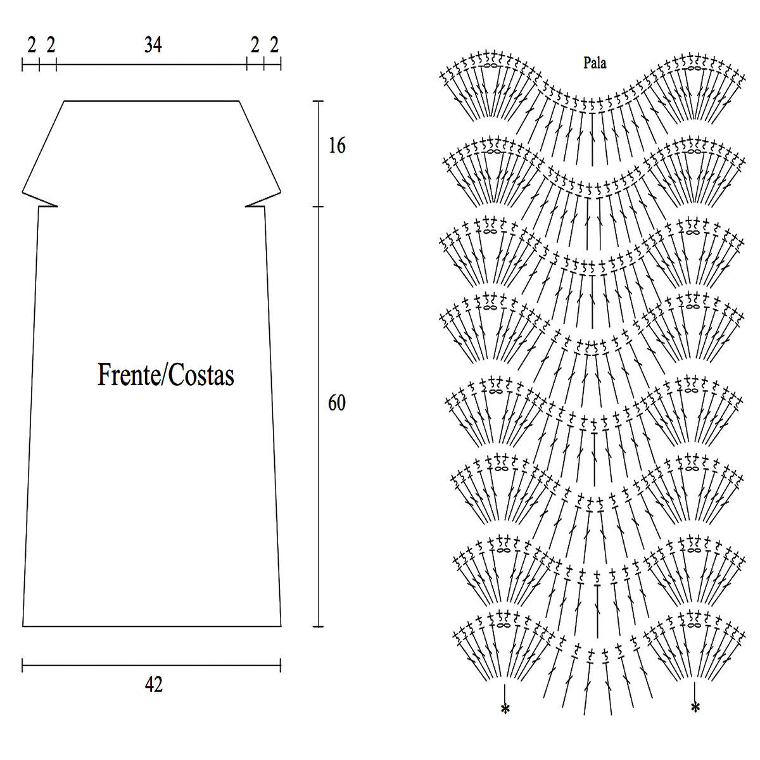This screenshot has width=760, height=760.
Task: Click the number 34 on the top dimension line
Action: tap(153, 45)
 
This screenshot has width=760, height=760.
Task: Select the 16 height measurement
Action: tap(337, 146)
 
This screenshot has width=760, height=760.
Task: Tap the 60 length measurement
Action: tap(337, 403)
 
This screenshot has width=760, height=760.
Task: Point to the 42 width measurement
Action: tap(153, 685)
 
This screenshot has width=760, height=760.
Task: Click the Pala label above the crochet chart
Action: tap(595, 63)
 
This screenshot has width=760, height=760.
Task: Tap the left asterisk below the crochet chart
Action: tap(505, 709)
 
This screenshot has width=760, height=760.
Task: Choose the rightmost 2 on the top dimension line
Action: tap(274, 45)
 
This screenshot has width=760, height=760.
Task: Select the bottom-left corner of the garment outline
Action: tap(23, 626)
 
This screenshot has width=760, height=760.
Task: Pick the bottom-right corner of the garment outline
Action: tap(281, 626)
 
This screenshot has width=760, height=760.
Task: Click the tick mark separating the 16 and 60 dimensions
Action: tap(318, 206)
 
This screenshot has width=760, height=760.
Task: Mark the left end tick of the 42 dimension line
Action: tap(23, 665)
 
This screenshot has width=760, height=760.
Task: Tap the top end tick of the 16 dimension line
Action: tap(318, 101)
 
